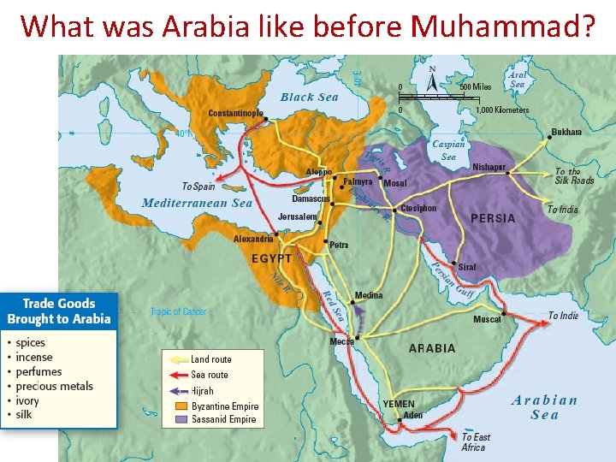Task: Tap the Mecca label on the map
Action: (341, 342)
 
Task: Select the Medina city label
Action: (369, 296)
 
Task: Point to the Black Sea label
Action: (309, 98)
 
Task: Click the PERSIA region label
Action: (494, 218)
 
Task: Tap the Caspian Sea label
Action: (448, 151)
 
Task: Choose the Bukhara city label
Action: (566, 132)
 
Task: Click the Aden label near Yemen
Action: (413, 415)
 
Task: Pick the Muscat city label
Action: (487, 320)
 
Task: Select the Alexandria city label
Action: (253, 240)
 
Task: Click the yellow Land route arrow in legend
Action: (177, 360)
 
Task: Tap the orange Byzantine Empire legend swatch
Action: (181, 406)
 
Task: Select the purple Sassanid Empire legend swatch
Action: (181, 419)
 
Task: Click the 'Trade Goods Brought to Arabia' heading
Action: (59, 311)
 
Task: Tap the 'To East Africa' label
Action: (476, 442)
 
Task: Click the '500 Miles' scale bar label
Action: (476, 87)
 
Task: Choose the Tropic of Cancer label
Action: (179, 312)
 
